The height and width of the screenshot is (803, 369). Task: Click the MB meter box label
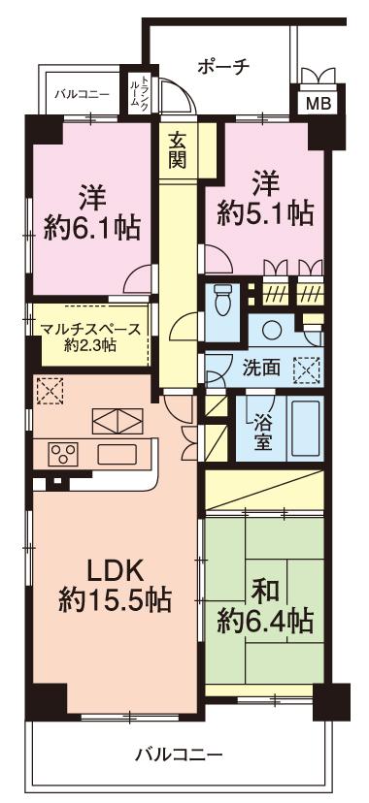click(x=317, y=103)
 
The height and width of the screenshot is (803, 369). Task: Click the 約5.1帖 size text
click(x=264, y=212)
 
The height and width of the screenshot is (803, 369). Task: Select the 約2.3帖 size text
click(x=89, y=345)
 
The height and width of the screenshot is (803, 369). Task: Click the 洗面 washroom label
click(x=262, y=369)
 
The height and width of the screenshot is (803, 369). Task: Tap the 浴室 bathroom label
click(x=262, y=431)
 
